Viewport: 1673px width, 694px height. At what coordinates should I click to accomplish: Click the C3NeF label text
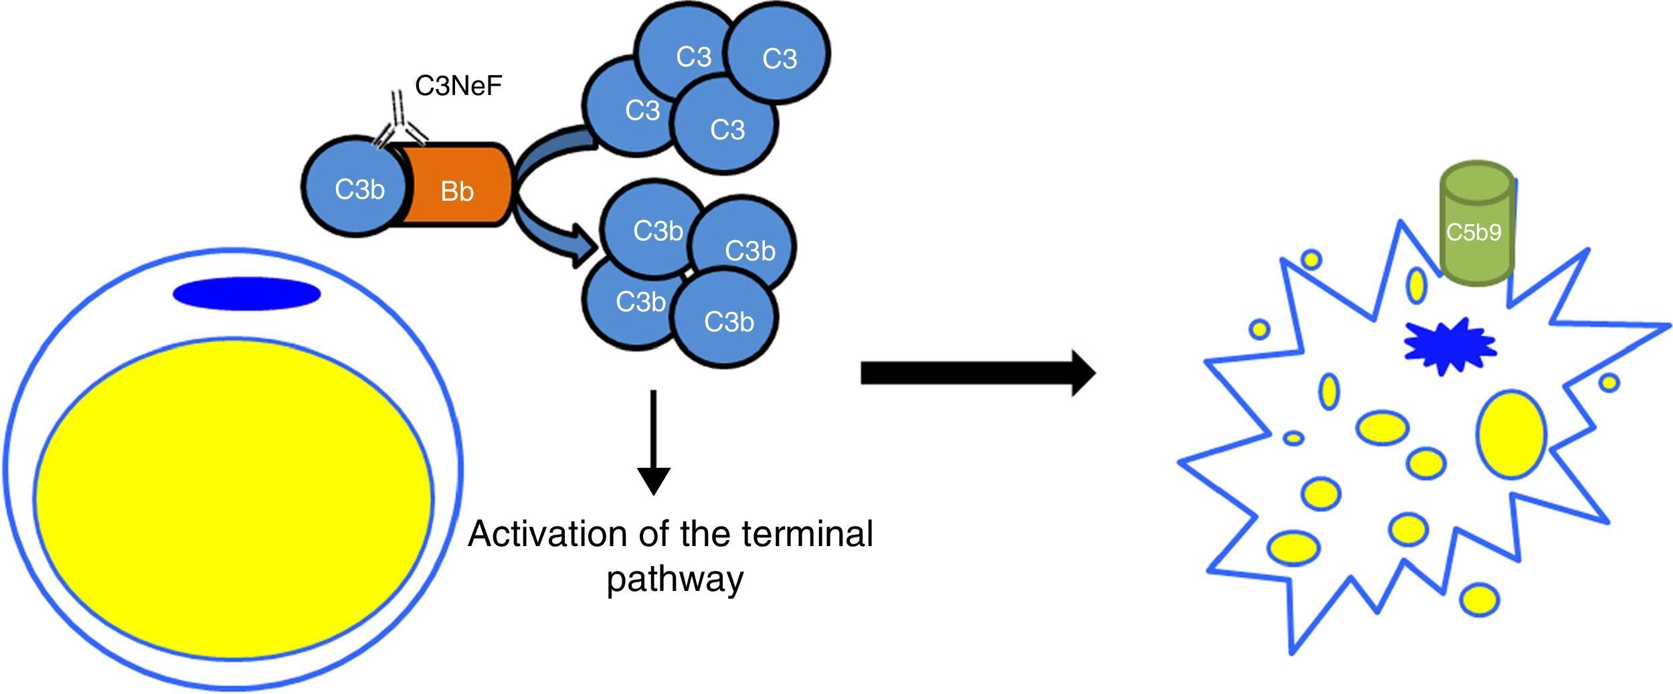click(458, 86)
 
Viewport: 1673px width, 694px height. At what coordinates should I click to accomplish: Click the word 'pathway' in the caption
click(675, 580)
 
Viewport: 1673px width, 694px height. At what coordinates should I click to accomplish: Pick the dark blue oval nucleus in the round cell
click(247, 294)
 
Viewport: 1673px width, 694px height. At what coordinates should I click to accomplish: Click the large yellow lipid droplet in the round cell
click(234, 499)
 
